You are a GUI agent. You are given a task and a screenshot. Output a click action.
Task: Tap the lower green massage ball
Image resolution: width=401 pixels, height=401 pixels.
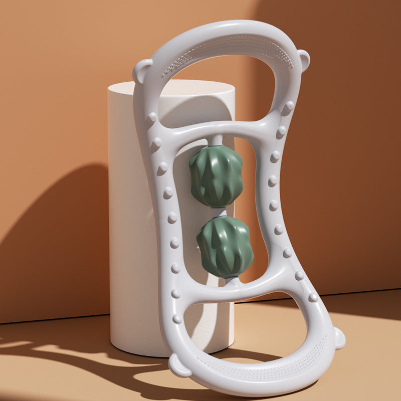tap(225, 247)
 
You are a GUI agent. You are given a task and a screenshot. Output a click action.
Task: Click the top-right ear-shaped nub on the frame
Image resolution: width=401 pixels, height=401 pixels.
tap(303, 59)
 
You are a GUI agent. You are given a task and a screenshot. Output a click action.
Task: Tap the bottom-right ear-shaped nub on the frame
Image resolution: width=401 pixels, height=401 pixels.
tap(339, 338)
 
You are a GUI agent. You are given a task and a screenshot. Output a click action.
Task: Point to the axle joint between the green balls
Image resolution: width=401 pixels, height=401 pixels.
tap(219, 212)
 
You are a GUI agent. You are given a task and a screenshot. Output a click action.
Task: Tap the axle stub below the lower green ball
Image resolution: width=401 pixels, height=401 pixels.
tap(232, 282)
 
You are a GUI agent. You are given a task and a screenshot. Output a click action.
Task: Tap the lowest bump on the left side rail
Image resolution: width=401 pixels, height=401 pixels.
tap(177, 319)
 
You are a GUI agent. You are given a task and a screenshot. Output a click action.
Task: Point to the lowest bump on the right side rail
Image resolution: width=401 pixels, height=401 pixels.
tap(313, 297)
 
